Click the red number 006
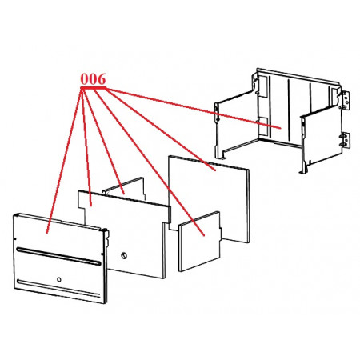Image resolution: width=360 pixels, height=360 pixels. click(x=93, y=79)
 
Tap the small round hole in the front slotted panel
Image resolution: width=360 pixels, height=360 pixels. click(x=59, y=279)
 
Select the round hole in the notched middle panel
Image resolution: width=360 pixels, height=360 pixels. click(x=124, y=255)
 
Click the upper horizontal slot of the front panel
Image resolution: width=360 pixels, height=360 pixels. click(x=58, y=256)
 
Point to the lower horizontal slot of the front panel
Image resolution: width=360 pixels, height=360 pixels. click(x=58, y=288)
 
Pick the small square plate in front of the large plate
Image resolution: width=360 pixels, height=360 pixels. click(x=200, y=242)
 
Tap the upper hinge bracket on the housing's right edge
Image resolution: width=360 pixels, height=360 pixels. click(x=346, y=100)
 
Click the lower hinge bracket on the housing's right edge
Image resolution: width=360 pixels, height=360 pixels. click(x=346, y=140)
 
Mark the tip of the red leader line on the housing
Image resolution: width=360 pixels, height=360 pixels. click(x=281, y=128)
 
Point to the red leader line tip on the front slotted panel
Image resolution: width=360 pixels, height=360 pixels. click(x=47, y=233)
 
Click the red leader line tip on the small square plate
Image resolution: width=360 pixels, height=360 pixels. click(x=204, y=236)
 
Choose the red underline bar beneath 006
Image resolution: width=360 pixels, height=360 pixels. click(x=94, y=87)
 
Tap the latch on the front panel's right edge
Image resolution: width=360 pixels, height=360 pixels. click(x=106, y=238)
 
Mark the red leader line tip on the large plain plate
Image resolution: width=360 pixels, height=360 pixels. click(x=215, y=170)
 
